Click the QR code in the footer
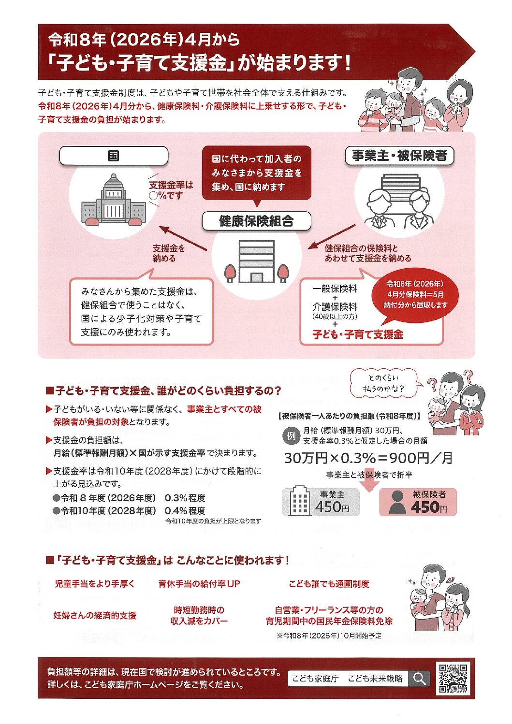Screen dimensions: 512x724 [453, 679]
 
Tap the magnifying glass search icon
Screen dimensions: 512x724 [419, 679]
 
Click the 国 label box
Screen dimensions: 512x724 [114, 156]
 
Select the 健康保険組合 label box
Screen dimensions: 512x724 [256, 221]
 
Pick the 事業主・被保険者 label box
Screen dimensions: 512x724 [399, 156]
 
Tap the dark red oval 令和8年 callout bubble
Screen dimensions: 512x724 [415, 294]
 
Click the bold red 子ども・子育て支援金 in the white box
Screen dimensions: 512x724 [358, 334]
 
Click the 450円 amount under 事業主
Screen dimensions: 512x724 [332, 507]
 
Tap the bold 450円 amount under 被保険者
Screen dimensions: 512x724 [429, 507]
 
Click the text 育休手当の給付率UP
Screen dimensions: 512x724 [199, 584]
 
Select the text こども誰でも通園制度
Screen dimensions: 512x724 [329, 584]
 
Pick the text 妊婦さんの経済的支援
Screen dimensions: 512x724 [95, 615]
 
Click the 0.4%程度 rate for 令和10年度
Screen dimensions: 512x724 [185, 511]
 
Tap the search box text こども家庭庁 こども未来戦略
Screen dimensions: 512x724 [348, 679]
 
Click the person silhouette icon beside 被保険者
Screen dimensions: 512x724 [397, 503]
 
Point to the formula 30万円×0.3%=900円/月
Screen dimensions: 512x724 [368, 458]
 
